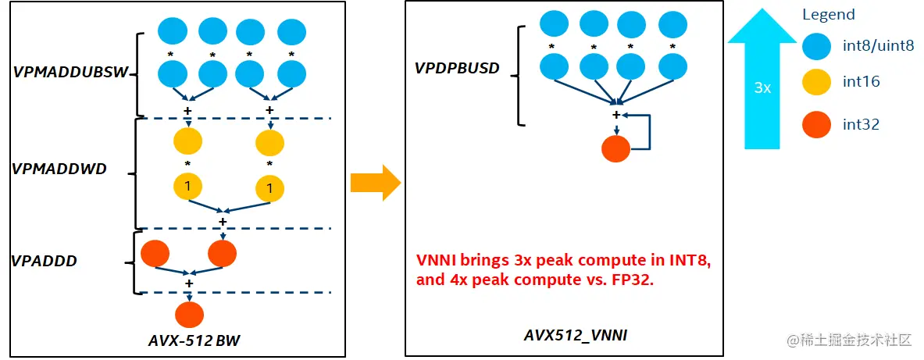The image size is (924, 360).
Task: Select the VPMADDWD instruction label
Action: tap(59, 169)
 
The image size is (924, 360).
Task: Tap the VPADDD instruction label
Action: tap(44, 261)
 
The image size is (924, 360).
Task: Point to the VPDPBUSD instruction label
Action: tap(457, 68)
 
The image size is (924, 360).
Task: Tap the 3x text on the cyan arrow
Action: tap(762, 88)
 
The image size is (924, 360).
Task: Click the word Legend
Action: tap(829, 14)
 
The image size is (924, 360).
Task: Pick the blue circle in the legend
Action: tap(817, 47)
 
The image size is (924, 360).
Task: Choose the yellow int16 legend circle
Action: tap(817, 81)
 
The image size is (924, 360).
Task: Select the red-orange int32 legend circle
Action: tap(817, 123)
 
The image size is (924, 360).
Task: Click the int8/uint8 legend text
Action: tap(878, 45)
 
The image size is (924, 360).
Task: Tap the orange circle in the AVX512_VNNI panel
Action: tap(616, 148)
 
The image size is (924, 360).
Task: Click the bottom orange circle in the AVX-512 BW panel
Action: tap(189, 314)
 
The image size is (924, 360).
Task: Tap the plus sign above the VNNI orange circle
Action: tap(616, 115)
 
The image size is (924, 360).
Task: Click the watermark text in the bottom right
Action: tap(850, 340)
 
